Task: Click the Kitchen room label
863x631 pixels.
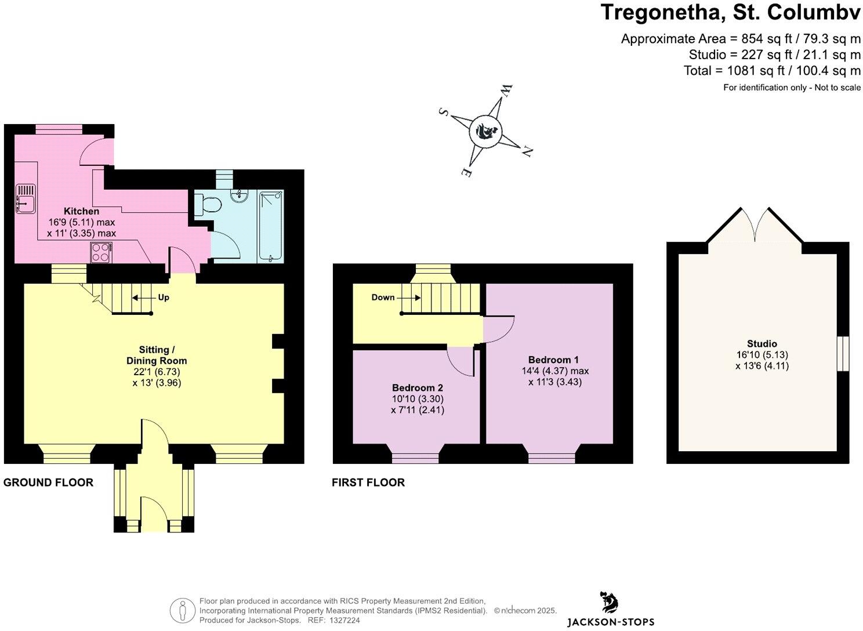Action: coord(81,211)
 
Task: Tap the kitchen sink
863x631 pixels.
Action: coord(26,198)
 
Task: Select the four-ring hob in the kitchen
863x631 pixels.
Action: coord(101,252)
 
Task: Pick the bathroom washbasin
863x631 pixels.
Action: coord(240,195)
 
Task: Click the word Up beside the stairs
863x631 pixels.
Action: coord(164,298)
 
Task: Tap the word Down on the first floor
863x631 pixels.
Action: coord(383,298)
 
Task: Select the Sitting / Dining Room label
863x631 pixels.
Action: coord(157,355)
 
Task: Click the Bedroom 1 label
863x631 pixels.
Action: coord(553,360)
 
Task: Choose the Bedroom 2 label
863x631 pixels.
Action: coord(418,387)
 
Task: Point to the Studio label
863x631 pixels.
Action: coord(762,343)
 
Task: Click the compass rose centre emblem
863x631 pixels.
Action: coord(485,132)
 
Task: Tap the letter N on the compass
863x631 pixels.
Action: coord(527,152)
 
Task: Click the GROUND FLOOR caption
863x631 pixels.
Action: coord(48,483)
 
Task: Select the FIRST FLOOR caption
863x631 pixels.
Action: coord(368,483)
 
